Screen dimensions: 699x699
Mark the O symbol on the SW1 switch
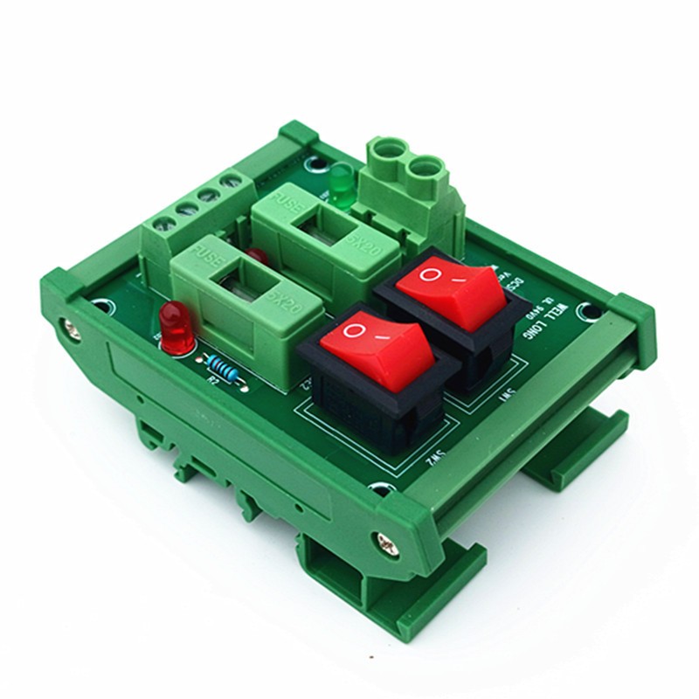[429, 274]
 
